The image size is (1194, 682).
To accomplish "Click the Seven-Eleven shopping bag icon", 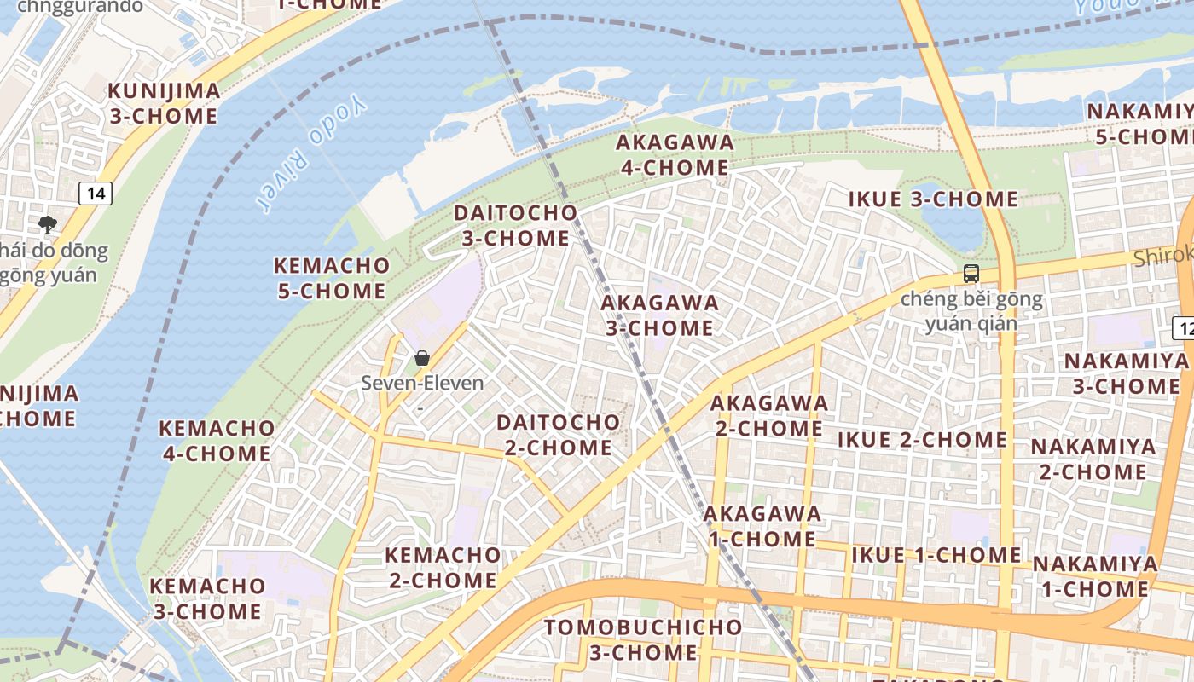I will click(x=421, y=358).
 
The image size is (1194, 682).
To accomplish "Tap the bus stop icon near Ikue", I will click(x=971, y=274).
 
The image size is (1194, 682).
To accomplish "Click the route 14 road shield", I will click(x=96, y=194).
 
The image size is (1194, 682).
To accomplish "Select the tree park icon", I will click(x=48, y=225).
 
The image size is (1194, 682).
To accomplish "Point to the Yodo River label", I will click(x=313, y=154).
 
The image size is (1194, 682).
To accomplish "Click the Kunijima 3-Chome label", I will click(x=164, y=103).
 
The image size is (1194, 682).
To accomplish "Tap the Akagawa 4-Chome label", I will click(x=674, y=154).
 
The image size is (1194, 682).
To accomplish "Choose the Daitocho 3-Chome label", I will click(x=515, y=225).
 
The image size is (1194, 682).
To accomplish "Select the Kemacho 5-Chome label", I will click(x=331, y=278).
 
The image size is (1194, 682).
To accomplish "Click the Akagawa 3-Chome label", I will click(x=659, y=315).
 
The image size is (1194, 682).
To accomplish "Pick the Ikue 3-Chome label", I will click(x=933, y=199).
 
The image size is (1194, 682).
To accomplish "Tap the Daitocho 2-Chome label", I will click(x=558, y=434).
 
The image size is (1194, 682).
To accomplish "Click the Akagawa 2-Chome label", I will click(x=768, y=414).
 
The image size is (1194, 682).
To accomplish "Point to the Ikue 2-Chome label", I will click(x=922, y=440).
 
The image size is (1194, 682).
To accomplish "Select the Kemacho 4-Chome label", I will click(x=217, y=440).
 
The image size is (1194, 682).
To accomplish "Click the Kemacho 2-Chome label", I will click(x=443, y=567).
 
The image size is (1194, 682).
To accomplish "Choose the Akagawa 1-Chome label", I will click(x=762, y=526).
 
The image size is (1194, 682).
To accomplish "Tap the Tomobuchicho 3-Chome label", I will click(x=643, y=639).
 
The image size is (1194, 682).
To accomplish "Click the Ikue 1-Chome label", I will click(x=936, y=555).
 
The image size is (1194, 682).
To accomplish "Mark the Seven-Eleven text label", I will click(x=422, y=384).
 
